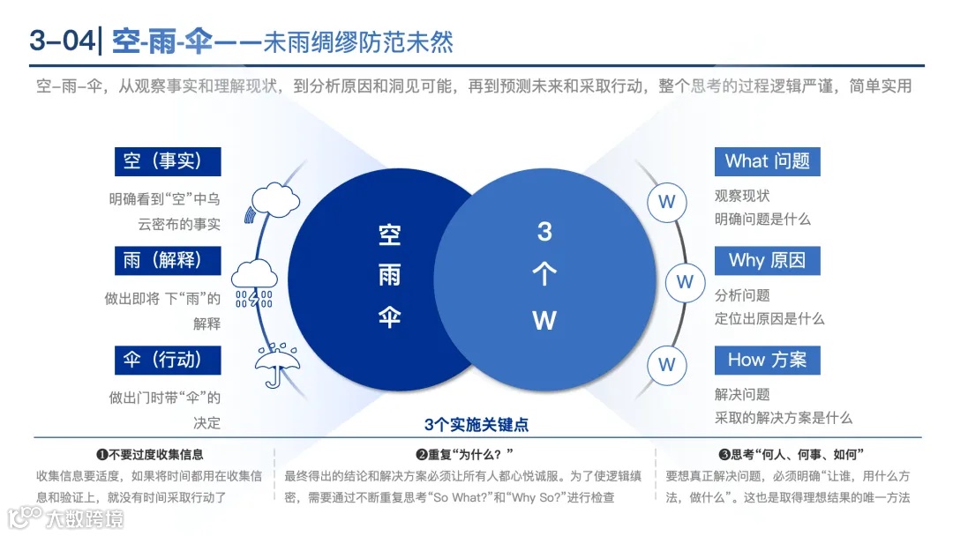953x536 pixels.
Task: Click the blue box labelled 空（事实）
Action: (x=168, y=161)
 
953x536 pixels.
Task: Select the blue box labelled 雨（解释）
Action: (x=168, y=260)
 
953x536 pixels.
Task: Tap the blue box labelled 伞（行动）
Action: (x=168, y=360)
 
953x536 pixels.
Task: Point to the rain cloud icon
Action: (x=255, y=282)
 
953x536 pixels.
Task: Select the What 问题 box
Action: (x=767, y=161)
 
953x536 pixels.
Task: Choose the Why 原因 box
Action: (x=767, y=260)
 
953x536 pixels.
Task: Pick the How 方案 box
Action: (x=767, y=360)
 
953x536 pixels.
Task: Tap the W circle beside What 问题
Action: (x=667, y=202)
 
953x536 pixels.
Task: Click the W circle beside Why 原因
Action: (x=685, y=282)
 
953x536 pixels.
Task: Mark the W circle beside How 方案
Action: (x=667, y=364)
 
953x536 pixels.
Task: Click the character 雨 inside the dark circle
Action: (x=389, y=275)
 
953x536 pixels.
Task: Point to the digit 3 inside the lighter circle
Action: (x=544, y=232)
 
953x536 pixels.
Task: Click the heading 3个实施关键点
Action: (x=476, y=425)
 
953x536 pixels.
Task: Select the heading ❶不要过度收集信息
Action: (x=150, y=455)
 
